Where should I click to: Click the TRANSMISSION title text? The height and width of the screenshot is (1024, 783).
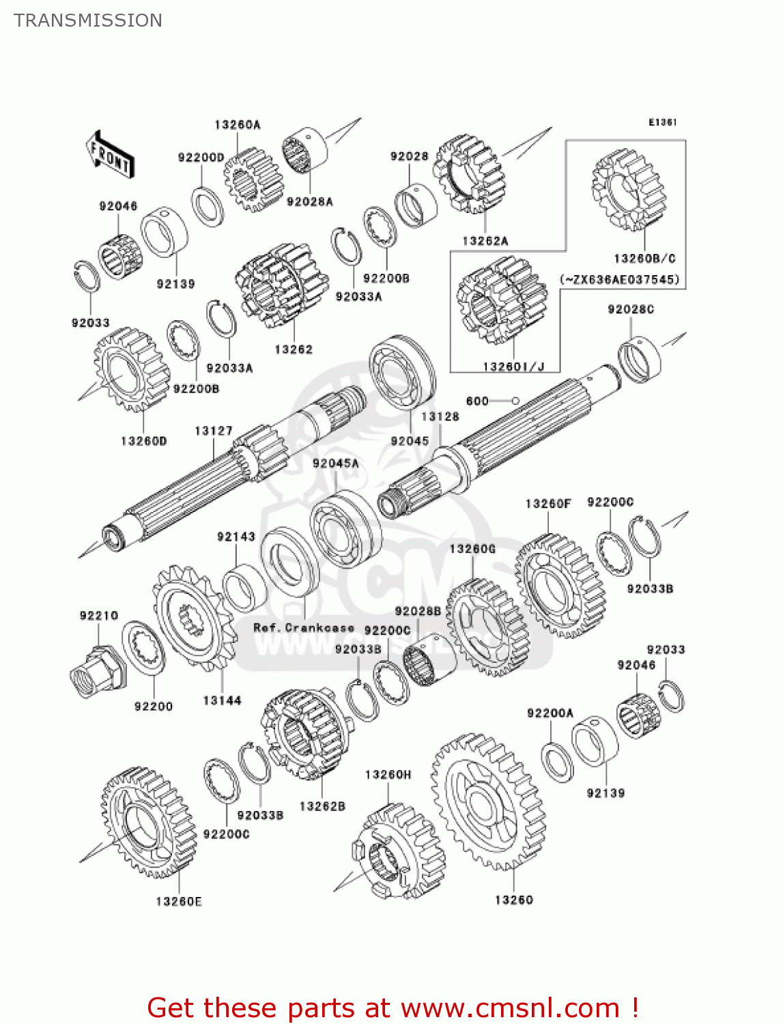(88, 20)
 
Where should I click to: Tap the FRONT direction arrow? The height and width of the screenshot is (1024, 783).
(109, 155)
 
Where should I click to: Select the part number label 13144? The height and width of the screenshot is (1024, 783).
(222, 700)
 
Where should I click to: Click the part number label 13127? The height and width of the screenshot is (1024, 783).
(213, 431)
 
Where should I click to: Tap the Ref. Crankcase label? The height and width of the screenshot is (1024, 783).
(304, 627)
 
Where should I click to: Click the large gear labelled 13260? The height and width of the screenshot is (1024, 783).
(488, 801)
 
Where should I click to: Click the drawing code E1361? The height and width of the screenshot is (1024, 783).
(662, 122)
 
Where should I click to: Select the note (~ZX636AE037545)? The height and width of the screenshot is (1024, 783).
(620, 279)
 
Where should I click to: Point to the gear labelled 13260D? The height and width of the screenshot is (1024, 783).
(131, 369)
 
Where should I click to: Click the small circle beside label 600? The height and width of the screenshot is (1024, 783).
(516, 401)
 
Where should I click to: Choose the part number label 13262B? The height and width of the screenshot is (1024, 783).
(322, 806)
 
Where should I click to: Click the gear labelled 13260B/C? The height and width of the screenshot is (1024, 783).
(628, 190)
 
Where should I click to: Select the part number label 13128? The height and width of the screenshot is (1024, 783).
(440, 416)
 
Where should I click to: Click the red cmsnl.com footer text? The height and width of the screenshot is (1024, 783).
(393, 1008)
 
